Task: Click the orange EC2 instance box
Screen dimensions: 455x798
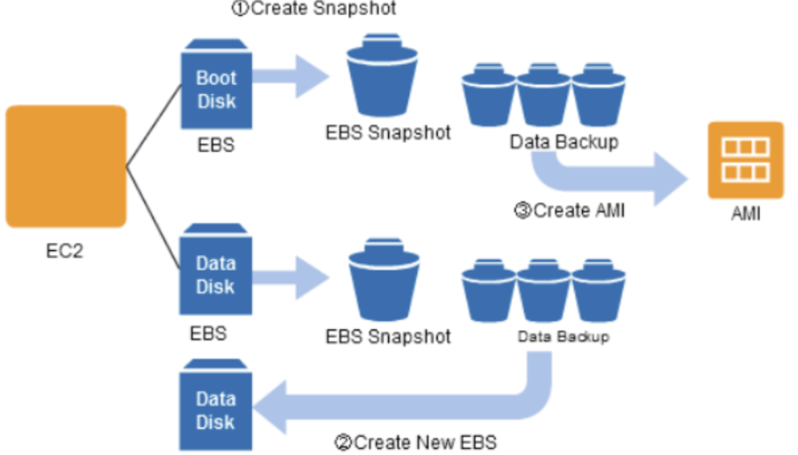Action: pos(66,166)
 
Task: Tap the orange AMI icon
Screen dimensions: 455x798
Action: pos(745,160)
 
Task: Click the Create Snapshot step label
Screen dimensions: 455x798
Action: pos(313,8)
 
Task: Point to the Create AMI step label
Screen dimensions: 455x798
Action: pos(568,210)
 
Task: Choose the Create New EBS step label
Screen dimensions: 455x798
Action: pos(415,442)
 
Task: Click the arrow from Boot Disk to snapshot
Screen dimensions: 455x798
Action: pos(291,76)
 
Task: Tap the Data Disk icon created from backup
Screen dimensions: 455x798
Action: pos(216,409)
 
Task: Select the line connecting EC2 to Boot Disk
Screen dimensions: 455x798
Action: pos(154,126)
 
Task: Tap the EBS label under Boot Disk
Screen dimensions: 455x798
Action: pos(216,144)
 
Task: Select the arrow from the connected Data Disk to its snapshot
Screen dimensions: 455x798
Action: pos(291,274)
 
